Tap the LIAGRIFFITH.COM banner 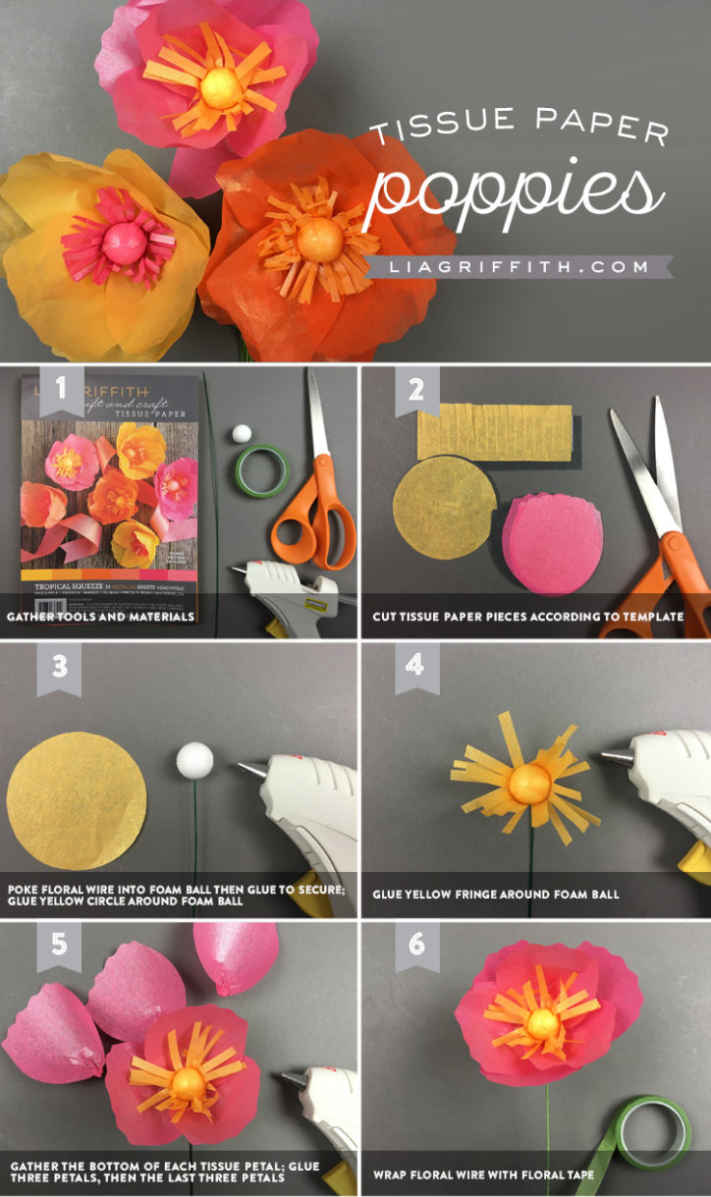518,266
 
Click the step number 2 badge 415,390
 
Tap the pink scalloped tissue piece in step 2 559,544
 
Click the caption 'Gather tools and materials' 101,618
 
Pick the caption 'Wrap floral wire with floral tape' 483,1174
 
